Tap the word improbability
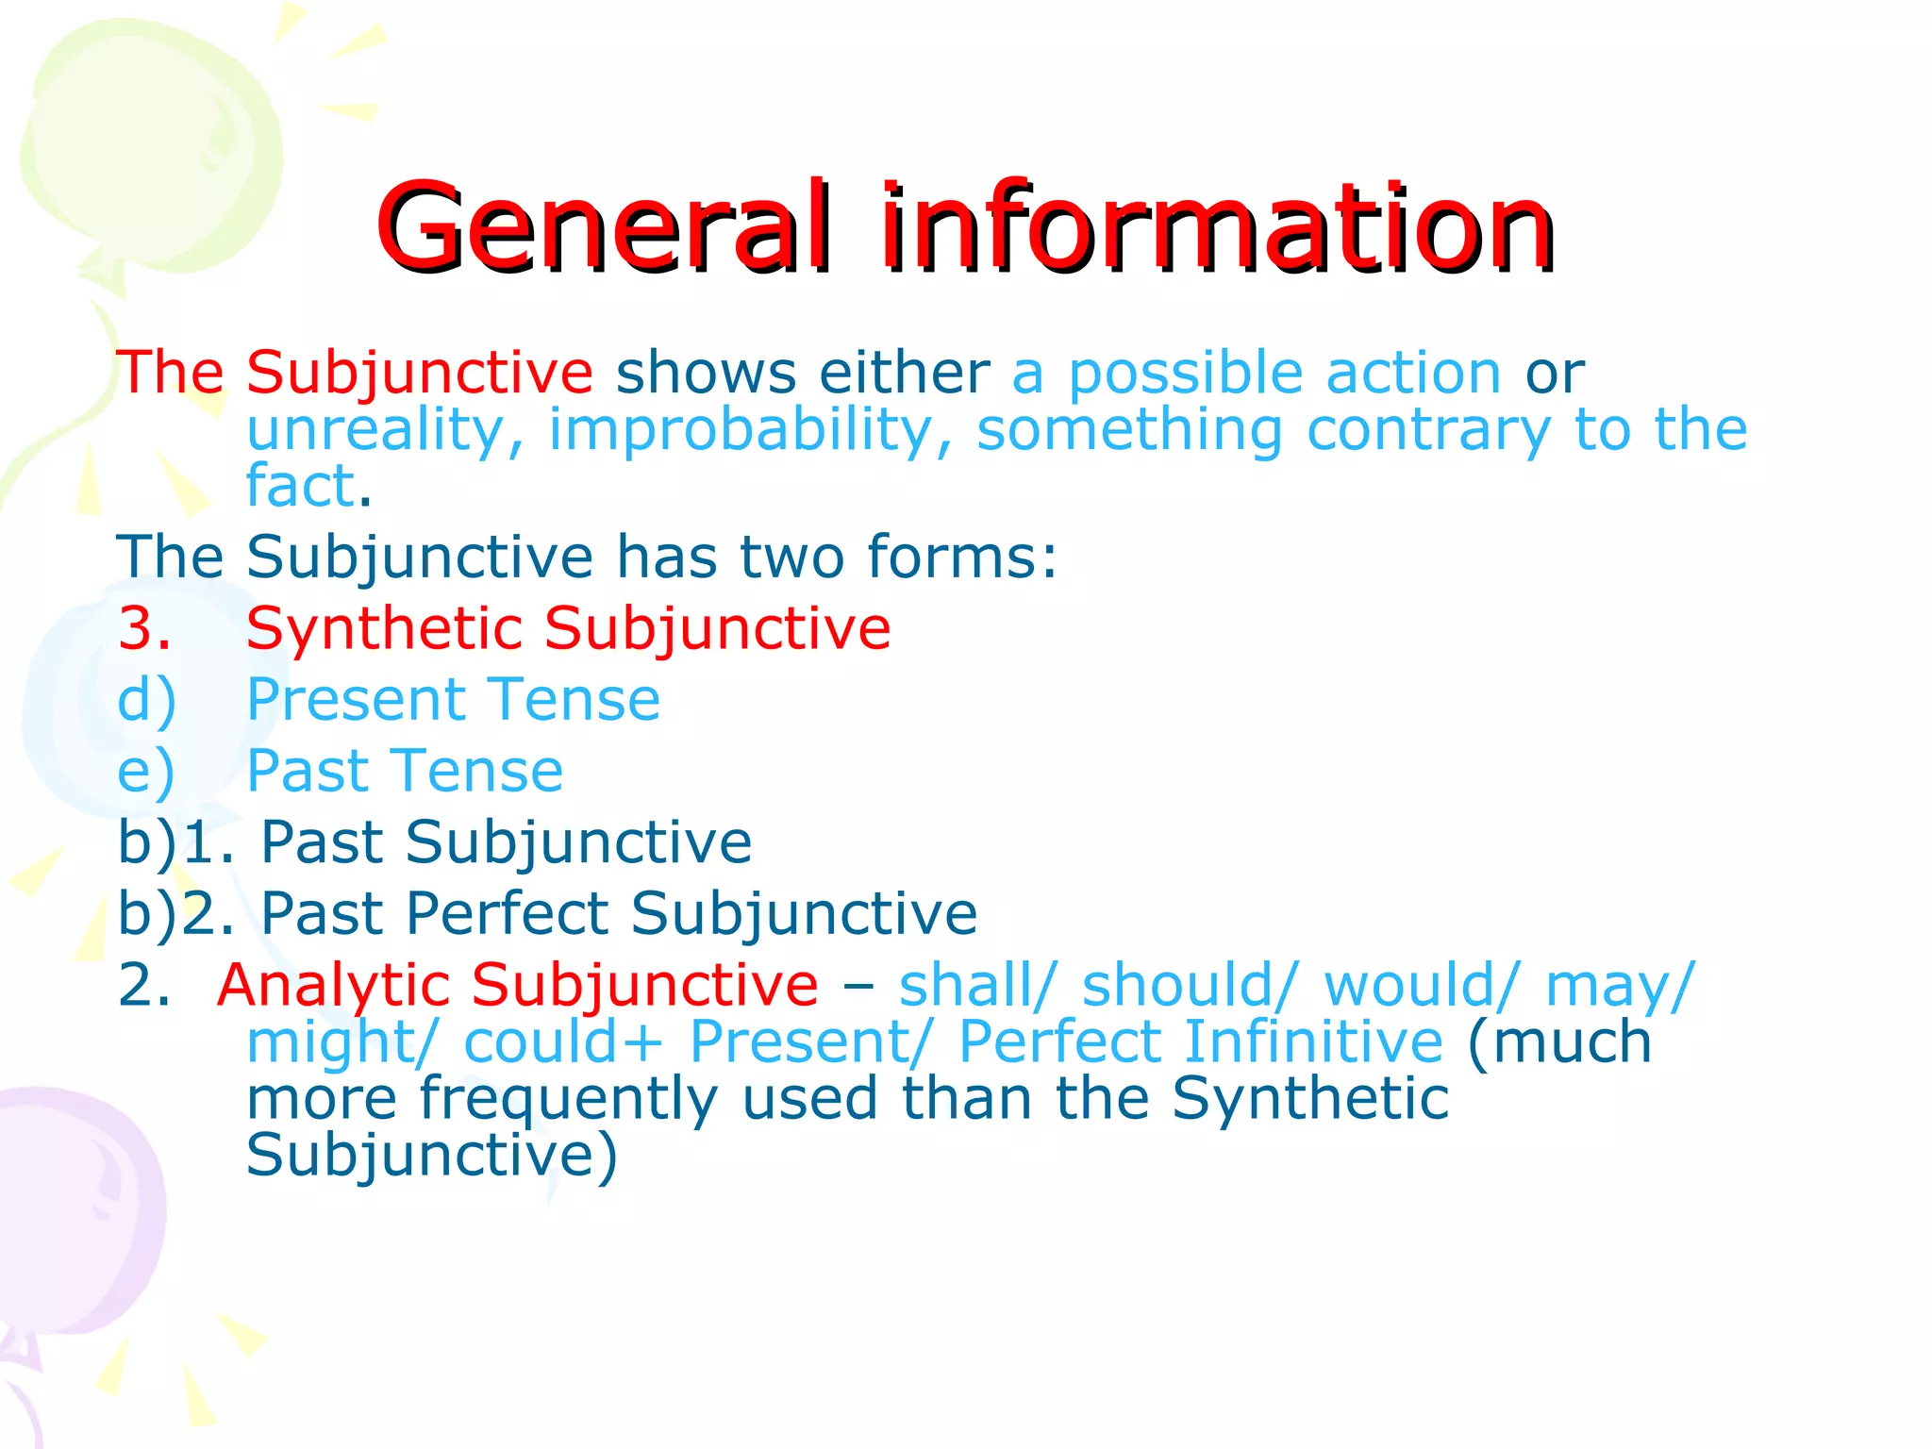coord(741,430)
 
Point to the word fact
coord(300,487)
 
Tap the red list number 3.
coord(144,628)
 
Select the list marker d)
coord(146,702)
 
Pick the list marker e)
coord(146,772)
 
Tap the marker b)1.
coord(175,842)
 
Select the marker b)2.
coord(175,913)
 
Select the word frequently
coord(568,1100)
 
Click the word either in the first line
coord(904,373)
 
